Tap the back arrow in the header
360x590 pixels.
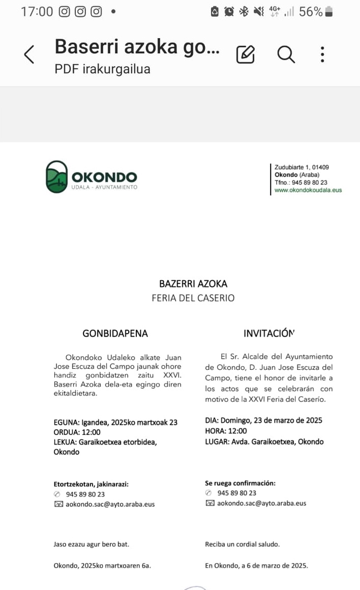[29, 54]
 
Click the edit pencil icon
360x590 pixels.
[245, 54]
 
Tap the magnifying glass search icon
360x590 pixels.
[286, 54]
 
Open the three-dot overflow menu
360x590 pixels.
[322, 54]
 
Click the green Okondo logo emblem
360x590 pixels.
[56, 177]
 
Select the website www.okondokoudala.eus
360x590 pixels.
[308, 190]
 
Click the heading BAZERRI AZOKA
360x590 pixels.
[193, 284]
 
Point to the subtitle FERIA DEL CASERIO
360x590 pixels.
[193, 298]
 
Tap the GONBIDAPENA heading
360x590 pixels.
[115, 334]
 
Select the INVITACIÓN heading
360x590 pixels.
[269, 334]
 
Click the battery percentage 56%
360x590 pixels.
[311, 12]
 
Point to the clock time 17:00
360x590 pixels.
[37, 12]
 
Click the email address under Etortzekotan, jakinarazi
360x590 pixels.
[110, 504]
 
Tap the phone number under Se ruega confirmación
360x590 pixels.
[236, 493]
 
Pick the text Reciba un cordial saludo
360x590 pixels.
[242, 544]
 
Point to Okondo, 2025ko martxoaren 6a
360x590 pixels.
[102, 565]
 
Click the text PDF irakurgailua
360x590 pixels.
[102, 69]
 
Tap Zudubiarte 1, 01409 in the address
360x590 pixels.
[302, 167]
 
